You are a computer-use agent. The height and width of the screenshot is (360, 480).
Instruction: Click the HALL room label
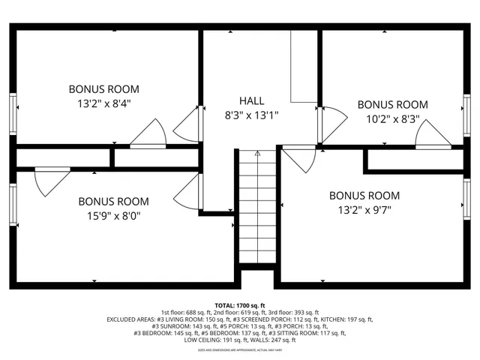click(251, 100)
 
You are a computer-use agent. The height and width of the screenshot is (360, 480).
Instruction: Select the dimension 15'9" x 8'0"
click(113, 216)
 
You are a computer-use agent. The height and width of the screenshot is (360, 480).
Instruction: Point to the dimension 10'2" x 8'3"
click(391, 118)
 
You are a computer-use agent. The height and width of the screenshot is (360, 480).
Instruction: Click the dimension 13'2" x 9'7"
click(364, 210)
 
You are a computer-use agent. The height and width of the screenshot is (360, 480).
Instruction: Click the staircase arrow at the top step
click(257, 154)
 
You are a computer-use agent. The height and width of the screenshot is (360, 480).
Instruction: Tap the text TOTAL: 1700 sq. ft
click(240, 306)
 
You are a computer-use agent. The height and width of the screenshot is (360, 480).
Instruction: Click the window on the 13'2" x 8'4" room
click(13, 113)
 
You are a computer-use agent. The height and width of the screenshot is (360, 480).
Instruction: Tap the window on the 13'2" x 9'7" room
click(466, 201)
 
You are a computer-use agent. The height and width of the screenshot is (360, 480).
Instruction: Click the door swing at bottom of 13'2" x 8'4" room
click(148, 133)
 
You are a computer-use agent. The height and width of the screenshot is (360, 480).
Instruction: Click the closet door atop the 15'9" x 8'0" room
click(51, 181)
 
